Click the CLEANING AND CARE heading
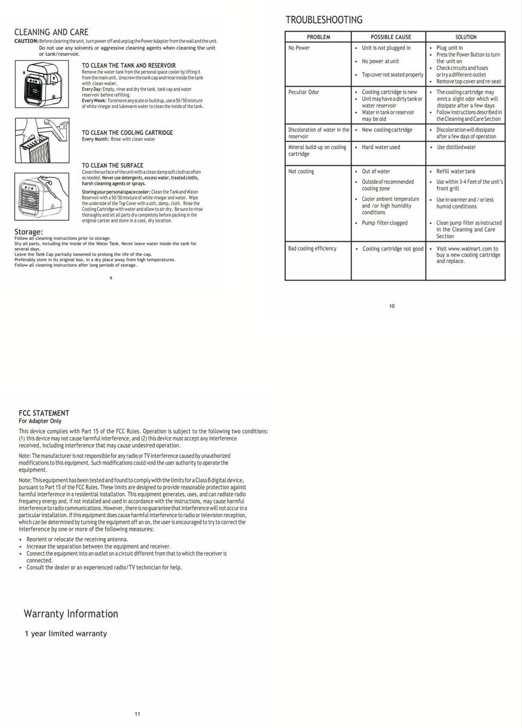[51, 32]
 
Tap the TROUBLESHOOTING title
[324, 20]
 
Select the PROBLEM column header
[318, 37]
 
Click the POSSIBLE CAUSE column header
[390, 37]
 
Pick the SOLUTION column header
[466, 37]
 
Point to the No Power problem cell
[299, 48]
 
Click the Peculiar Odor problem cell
[303, 92]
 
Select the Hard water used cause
[380, 147]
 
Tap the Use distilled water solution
[456, 147]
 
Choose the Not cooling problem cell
[301, 171]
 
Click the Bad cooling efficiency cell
[312, 248]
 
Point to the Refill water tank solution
[455, 171]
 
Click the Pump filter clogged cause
[384, 223]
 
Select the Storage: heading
[28, 232]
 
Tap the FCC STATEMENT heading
[44, 413]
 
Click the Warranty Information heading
[71, 613]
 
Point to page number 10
[392, 306]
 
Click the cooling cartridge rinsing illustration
[42, 140]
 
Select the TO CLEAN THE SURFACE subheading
[113, 165]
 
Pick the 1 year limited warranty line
[66, 634]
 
